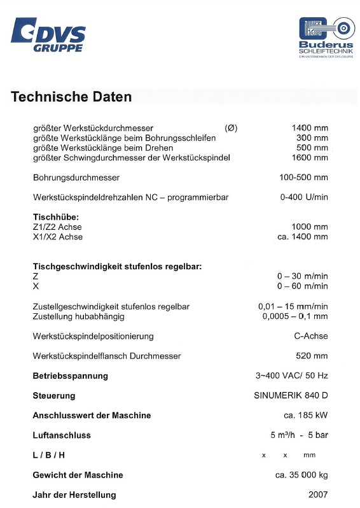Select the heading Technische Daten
(x=71, y=97)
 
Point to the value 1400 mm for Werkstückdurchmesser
(x=310, y=128)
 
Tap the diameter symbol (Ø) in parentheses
(x=231, y=128)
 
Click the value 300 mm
(x=312, y=138)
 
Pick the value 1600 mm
(x=310, y=157)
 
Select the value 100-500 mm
(x=303, y=177)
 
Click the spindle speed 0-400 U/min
(x=304, y=197)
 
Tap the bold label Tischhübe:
(x=55, y=217)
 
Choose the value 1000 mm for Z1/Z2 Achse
(x=310, y=227)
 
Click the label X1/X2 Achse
(x=57, y=237)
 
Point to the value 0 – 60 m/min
(x=302, y=286)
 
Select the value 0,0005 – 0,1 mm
(x=295, y=316)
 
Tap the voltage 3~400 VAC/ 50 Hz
(x=292, y=376)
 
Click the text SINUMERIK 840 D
(x=291, y=395)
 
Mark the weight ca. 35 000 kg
(x=301, y=475)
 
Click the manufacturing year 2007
(x=318, y=495)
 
